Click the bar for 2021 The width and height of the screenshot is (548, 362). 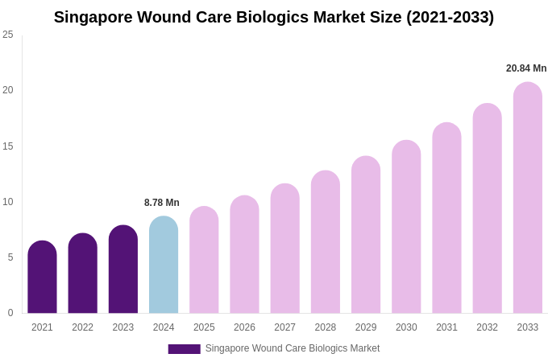(42, 278)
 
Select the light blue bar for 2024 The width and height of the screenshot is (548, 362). (164, 265)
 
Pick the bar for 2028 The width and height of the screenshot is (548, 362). (326, 242)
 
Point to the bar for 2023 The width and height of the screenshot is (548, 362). (123, 269)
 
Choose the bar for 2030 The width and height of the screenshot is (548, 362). (406, 227)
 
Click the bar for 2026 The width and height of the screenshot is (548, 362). (244, 255)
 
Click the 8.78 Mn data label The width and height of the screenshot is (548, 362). (162, 203)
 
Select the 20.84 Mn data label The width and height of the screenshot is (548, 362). (526, 68)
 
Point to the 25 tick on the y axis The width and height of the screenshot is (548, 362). (8, 35)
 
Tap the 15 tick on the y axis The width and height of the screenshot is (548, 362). (8, 146)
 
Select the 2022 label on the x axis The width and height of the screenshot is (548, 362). (82, 327)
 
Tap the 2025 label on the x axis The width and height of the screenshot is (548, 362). (204, 327)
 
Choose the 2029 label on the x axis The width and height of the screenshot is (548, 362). (366, 327)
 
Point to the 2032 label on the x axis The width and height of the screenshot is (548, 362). (487, 327)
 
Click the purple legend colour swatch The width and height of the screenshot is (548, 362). (184, 349)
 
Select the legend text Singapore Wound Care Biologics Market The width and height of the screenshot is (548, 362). (292, 348)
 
